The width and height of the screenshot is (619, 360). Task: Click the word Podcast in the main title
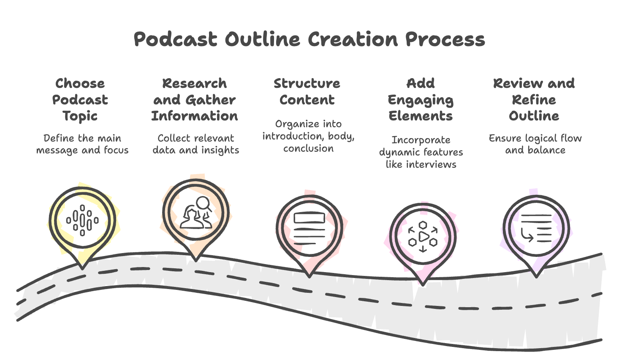coord(175,39)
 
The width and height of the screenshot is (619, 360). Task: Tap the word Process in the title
coord(445,39)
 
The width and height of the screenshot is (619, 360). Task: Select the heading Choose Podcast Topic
coord(80,100)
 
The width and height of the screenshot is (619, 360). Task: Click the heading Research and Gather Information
coord(195,100)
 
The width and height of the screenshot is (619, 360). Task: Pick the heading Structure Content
coord(307,91)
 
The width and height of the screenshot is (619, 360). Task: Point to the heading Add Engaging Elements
coord(421,100)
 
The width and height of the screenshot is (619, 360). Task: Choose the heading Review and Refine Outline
coord(534,100)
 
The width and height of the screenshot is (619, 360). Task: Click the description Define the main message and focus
coord(82,144)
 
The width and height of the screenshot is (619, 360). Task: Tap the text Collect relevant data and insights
coord(196,144)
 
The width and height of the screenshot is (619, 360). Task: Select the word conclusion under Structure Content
coord(308,148)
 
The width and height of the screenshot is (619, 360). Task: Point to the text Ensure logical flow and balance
coord(535,144)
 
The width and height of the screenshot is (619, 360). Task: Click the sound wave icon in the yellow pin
coord(82,220)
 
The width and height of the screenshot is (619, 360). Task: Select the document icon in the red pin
coord(309,229)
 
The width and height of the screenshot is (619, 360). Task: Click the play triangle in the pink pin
coord(424,236)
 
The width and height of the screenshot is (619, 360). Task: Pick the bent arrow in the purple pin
coord(527,235)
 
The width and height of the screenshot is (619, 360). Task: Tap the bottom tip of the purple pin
coord(536,276)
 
